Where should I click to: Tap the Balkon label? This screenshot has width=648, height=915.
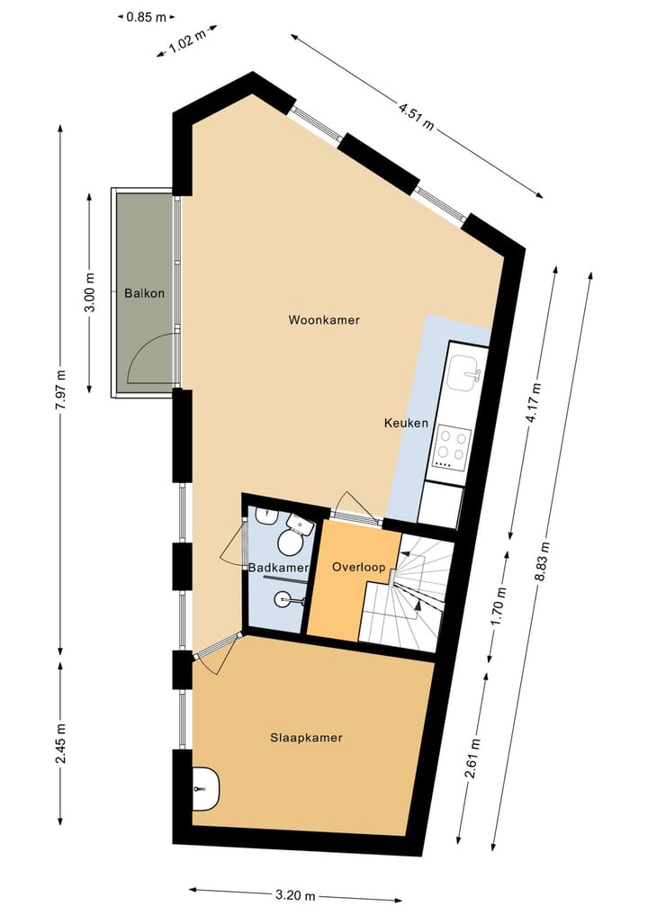point(144,293)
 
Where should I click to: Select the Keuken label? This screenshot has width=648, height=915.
point(406,424)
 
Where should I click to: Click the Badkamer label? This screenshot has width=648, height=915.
point(278,569)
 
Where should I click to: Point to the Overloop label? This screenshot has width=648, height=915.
point(358,568)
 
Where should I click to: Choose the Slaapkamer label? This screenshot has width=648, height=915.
point(306,738)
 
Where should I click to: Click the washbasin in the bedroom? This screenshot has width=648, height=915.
point(205,788)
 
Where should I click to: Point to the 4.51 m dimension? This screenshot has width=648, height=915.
point(417,117)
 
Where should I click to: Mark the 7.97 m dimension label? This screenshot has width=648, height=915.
point(60,392)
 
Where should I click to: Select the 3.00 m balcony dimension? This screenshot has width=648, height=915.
point(89,293)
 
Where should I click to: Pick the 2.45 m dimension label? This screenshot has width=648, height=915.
point(60,744)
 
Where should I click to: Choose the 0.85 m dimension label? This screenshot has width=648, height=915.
point(145,16)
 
